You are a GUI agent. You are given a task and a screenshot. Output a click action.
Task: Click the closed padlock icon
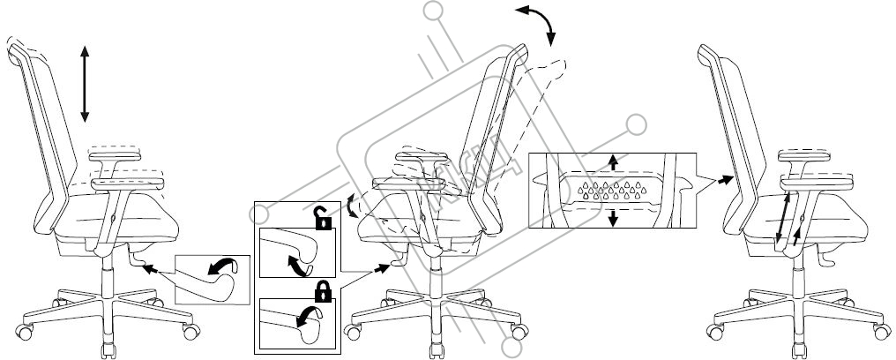point(324,290)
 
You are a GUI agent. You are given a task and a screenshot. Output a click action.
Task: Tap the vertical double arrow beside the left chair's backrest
point(85,85)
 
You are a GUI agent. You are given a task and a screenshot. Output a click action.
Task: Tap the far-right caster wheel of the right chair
point(878,332)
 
